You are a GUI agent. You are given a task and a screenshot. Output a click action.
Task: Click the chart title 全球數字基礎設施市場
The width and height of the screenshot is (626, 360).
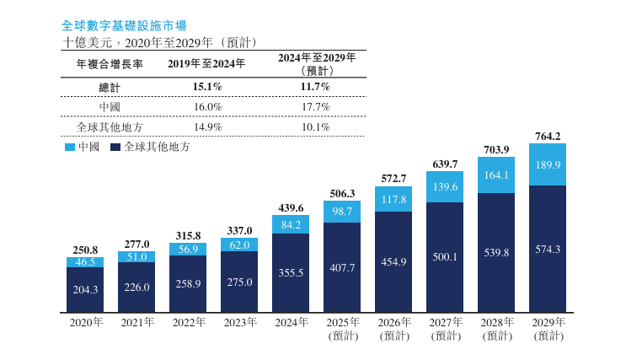[125, 26]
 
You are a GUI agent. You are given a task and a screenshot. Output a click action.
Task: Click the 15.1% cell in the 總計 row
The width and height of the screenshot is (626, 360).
[207, 86]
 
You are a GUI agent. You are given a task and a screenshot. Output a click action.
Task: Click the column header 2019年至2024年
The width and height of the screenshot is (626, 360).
[207, 63]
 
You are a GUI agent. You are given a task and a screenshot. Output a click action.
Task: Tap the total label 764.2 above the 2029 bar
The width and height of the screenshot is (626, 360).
[548, 136]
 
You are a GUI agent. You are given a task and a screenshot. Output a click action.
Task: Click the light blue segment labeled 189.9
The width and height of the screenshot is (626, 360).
[548, 164]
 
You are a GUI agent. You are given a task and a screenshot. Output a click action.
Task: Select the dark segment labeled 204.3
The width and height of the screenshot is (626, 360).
[85, 289]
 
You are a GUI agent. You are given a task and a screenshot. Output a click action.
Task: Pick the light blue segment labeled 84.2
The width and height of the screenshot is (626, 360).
[291, 224]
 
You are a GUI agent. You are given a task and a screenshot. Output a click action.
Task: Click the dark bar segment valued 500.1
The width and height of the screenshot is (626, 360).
[445, 257]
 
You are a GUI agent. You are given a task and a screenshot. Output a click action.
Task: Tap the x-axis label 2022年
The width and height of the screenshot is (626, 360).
[188, 322]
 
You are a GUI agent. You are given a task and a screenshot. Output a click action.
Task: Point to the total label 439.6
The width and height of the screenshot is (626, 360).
[291, 207]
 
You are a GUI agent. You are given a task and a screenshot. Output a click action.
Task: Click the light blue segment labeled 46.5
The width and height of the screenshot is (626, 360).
[85, 262]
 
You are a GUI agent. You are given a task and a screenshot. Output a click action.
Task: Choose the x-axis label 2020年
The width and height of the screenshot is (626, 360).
[85, 322]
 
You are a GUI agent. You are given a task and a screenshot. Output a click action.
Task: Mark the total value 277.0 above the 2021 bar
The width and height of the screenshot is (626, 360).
[136, 244]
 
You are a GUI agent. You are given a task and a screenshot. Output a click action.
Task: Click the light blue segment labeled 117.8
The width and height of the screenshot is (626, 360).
[393, 200]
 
